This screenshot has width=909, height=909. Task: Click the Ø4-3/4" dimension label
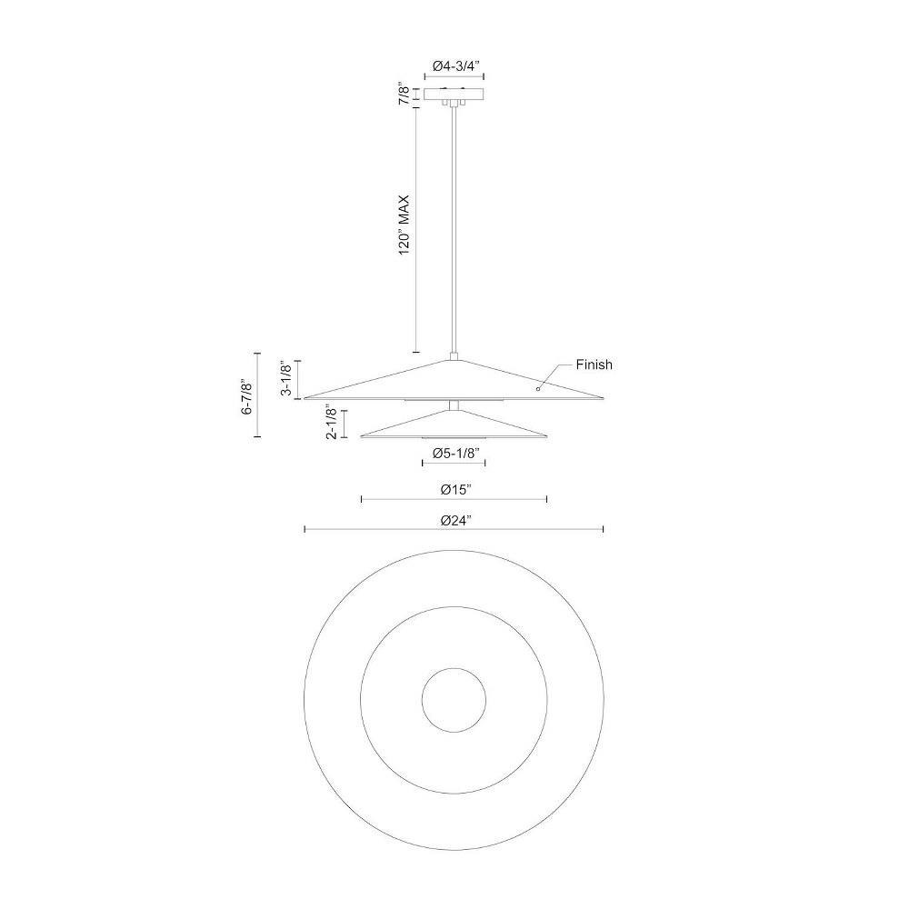click(454, 66)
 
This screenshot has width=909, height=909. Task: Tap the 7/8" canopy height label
click(405, 95)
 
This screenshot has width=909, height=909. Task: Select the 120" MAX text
click(405, 225)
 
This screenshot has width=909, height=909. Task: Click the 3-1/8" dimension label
click(285, 378)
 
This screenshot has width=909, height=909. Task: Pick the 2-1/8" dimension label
click(332, 422)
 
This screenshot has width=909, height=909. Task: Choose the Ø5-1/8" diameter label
click(455, 454)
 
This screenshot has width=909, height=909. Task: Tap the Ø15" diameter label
click(454, 490)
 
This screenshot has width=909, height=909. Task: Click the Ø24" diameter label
click(454, 521)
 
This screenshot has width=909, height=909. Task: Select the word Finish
click(594, 365)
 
